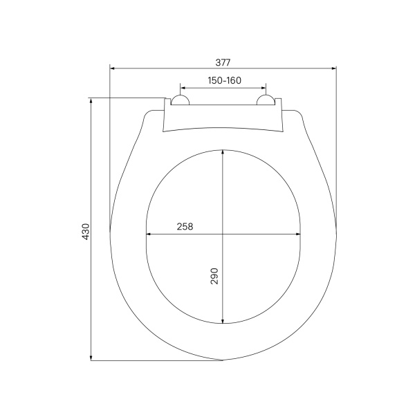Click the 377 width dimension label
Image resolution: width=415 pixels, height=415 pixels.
[223, 63]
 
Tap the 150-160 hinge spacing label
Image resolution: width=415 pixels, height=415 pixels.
[224, 80]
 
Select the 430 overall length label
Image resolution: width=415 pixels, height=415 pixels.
[86, 232]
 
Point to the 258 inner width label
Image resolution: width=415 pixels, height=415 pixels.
[185, 227]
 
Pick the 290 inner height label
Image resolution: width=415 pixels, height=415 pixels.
[214, 276]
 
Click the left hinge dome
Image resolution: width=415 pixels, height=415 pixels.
[180, 100]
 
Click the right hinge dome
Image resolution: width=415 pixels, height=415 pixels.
[266, 100]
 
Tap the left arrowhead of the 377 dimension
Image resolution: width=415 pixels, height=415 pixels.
[112, 68]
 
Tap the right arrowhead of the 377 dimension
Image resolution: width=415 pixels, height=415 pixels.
[334, 68]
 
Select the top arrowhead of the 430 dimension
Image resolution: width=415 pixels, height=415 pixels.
[91, 100]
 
